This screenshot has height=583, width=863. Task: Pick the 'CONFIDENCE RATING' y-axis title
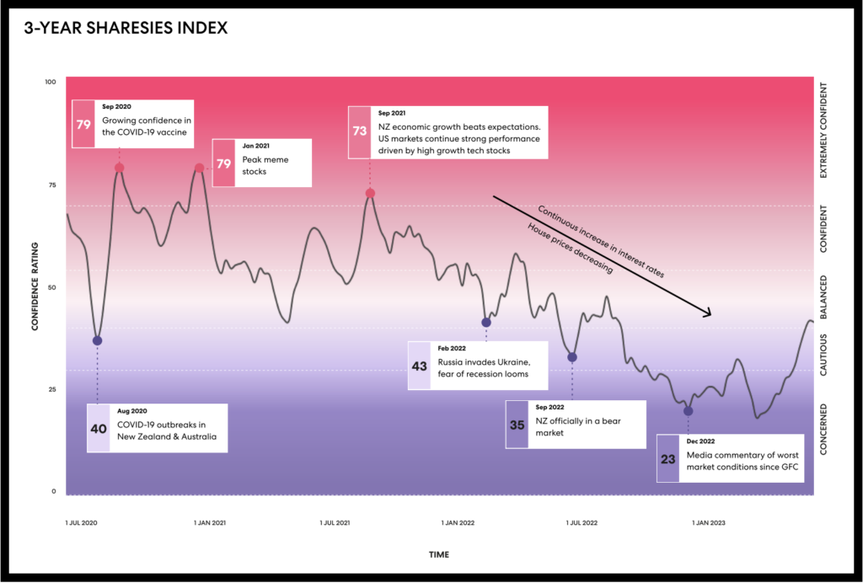pyautogui.click(x=36, y=286)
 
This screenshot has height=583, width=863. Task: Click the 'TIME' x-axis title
pyautogui.click(x=438, y=554)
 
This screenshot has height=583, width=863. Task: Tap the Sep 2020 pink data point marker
pyautogui.click(x=120, y=168)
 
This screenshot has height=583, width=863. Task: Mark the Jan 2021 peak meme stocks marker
pyautogui.click(x=200, y=168)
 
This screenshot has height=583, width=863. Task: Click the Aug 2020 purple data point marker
pyautogui.click(x=97, y=340)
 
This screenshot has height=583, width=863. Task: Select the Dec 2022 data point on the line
pyautogui.click(x=689, y=411)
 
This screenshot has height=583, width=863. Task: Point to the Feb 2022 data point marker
pyautogui.click(x=485, y=323)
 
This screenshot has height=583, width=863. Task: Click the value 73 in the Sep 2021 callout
pyautogui.click(x=360, y=132)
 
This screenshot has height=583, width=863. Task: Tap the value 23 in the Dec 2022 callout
pyautogui.click(x=668, y=459)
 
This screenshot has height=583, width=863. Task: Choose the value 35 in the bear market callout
pyautogui.click(x=517, y=425)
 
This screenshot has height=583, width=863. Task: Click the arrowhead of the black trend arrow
pyautogui.click(x=708, y=313)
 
